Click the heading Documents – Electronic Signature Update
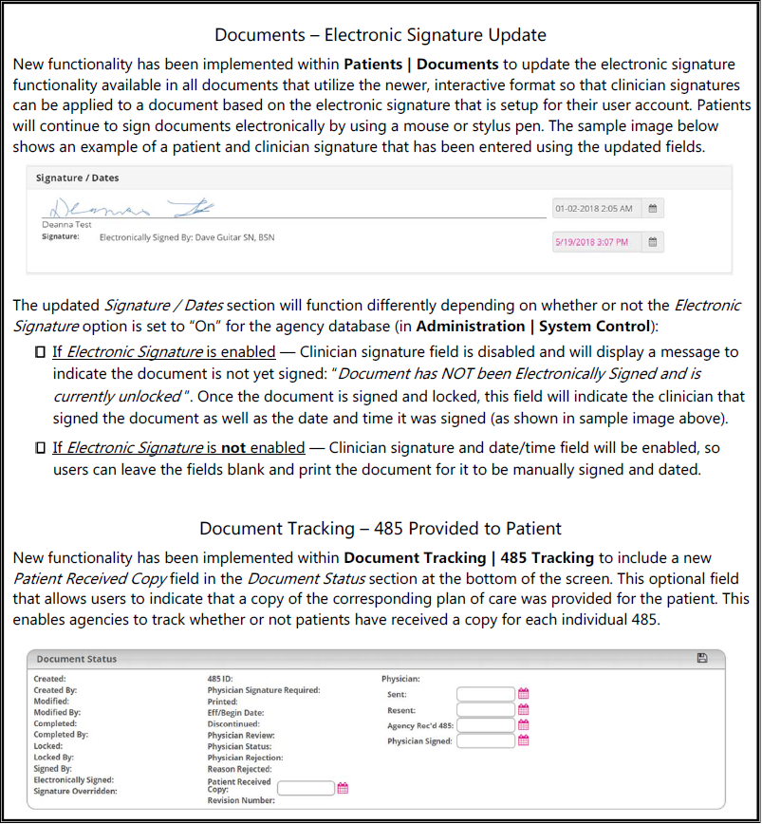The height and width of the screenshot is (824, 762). [381, 35]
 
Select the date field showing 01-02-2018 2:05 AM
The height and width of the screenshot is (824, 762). [594, 208]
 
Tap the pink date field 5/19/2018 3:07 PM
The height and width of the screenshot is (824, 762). [594, 242]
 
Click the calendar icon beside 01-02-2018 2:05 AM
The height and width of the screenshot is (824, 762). [652, 208]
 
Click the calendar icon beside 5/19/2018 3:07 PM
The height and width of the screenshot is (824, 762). [652, 242]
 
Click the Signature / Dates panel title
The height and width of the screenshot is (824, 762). [77, 178]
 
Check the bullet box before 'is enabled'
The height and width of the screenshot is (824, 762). [39, 352]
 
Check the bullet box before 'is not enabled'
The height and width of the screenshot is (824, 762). [39, 447]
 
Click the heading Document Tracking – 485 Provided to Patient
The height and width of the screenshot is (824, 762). [381, 528]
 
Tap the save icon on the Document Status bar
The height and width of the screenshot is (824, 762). [701, 658]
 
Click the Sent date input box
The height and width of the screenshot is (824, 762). [484, 695]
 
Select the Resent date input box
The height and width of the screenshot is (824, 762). [484, 710]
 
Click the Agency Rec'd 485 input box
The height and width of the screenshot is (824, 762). [484, 725]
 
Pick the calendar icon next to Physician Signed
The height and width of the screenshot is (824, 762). [523, 740]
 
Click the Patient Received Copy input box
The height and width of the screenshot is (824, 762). [306, 787]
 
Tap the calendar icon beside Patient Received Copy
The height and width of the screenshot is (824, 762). [344, 787]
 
